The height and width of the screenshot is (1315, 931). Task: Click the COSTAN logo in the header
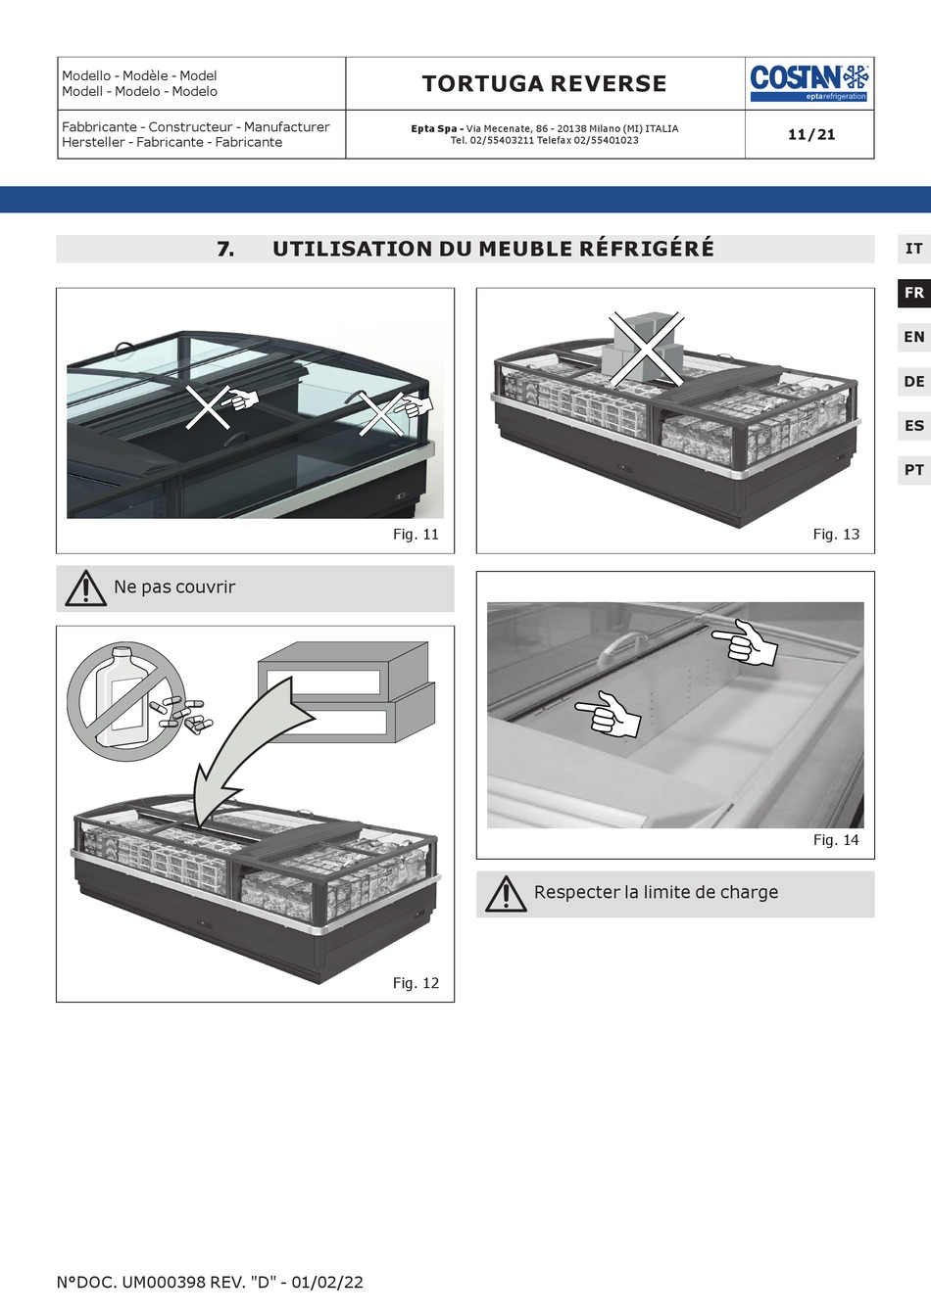[809, 82]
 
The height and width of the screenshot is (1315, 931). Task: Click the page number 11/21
[811, 135]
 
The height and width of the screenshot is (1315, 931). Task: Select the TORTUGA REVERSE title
[544, 84]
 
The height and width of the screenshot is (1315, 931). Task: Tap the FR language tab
[913, 293]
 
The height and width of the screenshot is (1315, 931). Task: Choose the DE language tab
[913, 382]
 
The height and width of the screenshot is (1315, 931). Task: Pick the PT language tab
[913, 470]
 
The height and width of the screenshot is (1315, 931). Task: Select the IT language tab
[913, 249]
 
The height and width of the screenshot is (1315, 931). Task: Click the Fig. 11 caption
[416, 535]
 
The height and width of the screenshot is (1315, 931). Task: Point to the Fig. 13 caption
[836, 535]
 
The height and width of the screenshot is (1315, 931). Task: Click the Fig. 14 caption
[836, 840]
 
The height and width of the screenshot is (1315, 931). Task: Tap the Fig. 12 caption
[416, 983]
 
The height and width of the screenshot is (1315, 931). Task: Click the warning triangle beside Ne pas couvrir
[86, 588]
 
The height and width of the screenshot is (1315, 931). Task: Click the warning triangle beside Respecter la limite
[506, 894]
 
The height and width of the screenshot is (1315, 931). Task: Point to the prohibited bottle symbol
[125, 701]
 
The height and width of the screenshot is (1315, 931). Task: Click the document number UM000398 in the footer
[163, 1283]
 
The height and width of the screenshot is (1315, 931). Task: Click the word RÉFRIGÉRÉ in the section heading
[646, 249]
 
